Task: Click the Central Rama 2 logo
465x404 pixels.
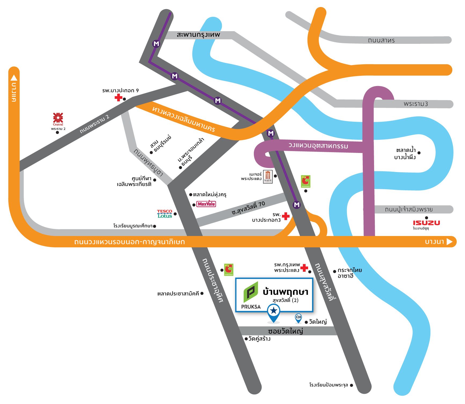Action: click(58, 119)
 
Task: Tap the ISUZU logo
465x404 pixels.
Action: click(426, 223)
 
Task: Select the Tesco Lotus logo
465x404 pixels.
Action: click(164, 214)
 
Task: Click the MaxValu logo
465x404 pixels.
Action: click(206, 204)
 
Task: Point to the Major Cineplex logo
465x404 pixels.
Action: click(268, 177)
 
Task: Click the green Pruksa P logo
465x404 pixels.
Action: click(251, 292)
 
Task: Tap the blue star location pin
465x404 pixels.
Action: click(274, 313)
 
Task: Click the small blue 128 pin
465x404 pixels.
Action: click(298, 318)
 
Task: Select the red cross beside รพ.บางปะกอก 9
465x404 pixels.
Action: click(118, 98)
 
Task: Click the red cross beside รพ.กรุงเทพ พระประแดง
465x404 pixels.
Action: click(304, 268)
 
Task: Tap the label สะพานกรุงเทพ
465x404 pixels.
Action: click(198, 35)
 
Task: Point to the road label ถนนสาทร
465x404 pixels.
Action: click(381, 40)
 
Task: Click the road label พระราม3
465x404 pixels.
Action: click(416, 104)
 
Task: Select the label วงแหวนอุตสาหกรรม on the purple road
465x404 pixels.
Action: click(318, 146)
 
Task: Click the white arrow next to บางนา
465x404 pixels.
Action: click(449, 242)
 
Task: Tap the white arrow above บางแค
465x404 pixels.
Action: click(14, 78)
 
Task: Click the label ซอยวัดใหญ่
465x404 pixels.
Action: click(285, 331)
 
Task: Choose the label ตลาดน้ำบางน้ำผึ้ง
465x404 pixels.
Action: click(406, 153)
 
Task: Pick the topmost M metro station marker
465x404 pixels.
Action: click(156, 44)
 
